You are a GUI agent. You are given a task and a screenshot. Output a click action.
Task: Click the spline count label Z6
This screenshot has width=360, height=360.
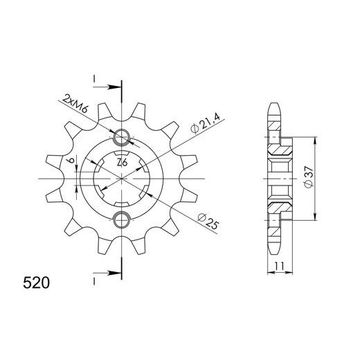[121, 162]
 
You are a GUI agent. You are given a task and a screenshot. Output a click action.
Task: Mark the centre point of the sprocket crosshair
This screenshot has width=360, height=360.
[122, 179]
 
